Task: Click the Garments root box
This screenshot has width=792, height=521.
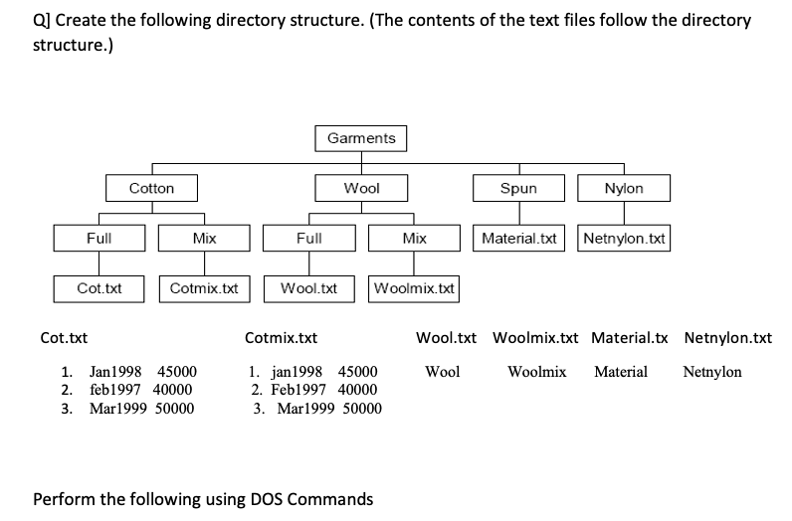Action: (361, 138)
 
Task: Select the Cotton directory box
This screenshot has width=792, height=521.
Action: (151, 188)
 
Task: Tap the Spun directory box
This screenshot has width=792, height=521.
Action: (518, 188)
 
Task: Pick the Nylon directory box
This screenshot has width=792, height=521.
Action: (624, 188)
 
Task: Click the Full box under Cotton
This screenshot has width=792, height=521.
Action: (99, 239)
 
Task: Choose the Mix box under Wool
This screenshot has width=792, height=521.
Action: (414, 239)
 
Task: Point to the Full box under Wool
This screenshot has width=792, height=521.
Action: (308, 239)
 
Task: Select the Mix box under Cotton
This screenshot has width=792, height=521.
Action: (204, 239)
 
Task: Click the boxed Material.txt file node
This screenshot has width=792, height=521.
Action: (518, 239)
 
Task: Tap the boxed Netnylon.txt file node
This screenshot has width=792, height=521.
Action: (625, 239)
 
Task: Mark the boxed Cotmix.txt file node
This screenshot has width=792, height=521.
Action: (204, 288)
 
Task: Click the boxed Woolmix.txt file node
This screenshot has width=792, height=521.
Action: (414, 288)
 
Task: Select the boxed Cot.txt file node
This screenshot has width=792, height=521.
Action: (99, 288)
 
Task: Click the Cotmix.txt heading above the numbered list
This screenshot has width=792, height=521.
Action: (281, 338)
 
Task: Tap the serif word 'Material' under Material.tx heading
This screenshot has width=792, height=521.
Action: (621, 372)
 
